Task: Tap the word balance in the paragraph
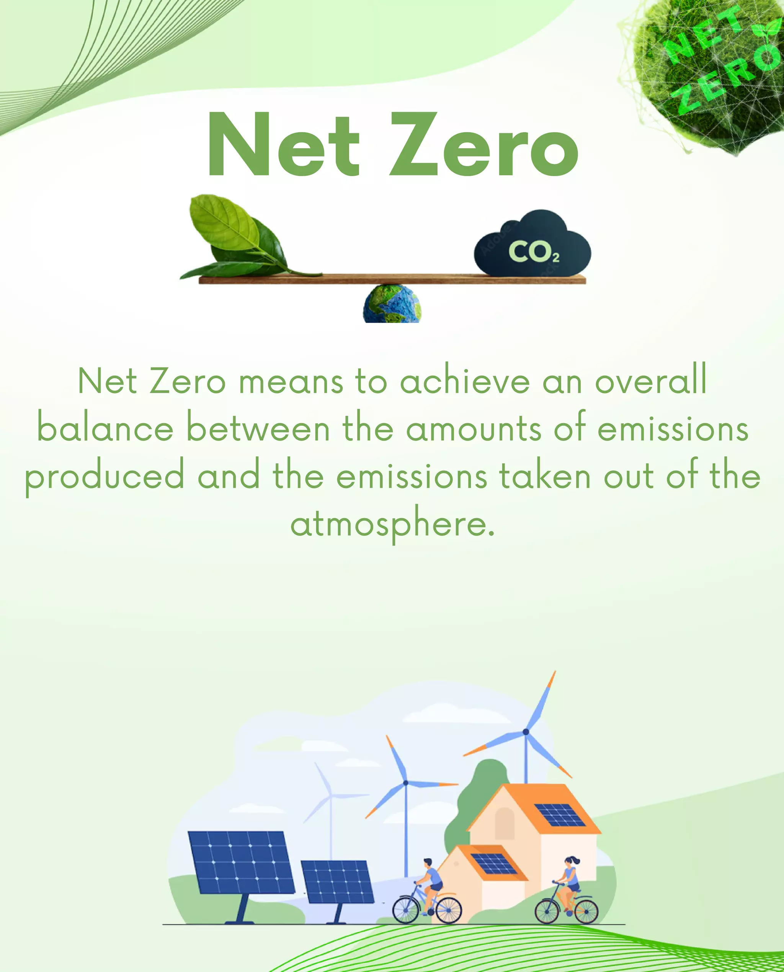click(x=105, y=428)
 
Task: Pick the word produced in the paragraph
click(x=105, y=477)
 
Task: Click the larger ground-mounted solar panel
click(x=241, y=863)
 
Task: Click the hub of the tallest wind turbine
click(x=526, y=732)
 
